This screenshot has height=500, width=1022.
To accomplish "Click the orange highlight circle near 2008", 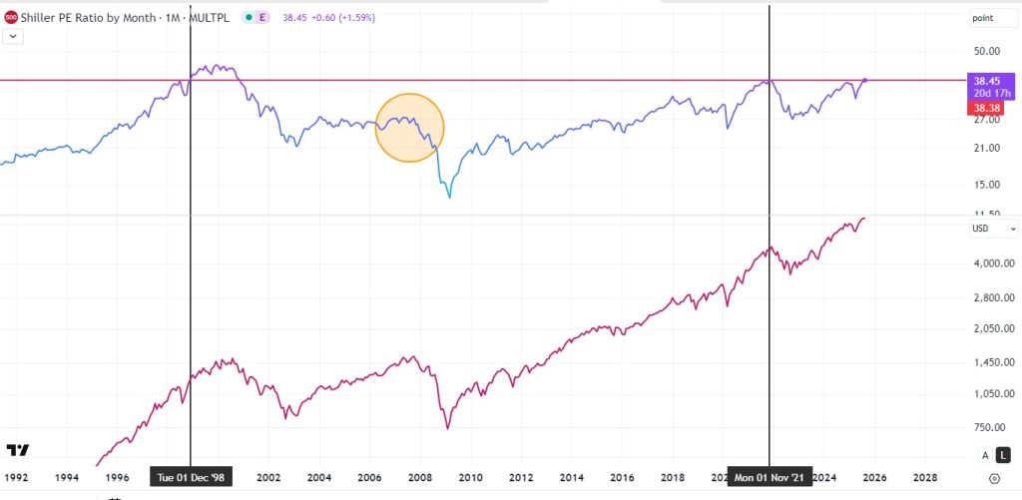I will pyautogui.click(x=409, y=128).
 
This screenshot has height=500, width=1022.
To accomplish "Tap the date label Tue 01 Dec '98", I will pyautogui.click(x=191, y=476).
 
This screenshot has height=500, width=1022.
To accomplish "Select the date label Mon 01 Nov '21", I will pyautogui.click(x=769, y=476).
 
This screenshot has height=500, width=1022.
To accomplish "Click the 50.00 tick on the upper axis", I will pyautogui.click(x=986, y=51).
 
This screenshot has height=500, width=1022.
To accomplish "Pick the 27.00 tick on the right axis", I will pyautogui.click(x=986, y=120).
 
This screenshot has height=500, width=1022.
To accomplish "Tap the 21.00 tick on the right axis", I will pyautogui.click(x=986, y=149).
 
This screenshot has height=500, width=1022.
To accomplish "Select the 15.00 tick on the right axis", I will pyautogui.click(x=986, y=185).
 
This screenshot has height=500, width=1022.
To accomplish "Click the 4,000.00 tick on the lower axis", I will pyautogui.click(x=994, y=263).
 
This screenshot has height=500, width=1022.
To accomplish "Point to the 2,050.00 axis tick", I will pyautogui.click(x=994, y=329).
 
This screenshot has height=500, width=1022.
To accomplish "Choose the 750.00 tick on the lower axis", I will pyautogui.click(x=989, y=427).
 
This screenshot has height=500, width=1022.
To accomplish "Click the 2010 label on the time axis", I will pyautogui.click(x=470, y=477).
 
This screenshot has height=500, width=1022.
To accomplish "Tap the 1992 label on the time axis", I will pyautogui.click(x=16, y=477).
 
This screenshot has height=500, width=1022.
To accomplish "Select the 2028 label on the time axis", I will pyautogui.click(x=925, y=477).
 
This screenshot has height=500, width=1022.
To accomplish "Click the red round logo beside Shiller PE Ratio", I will pyautogui.click(x=11, y=17).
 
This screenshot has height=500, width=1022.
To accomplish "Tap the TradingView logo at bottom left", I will pyautogui.click(x=18, y=450).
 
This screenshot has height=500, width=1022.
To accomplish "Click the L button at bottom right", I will pyautogui.click(x=1006, y=454).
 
